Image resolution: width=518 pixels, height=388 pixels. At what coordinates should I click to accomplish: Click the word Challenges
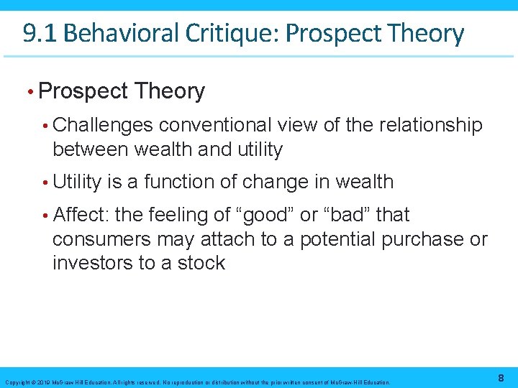[x=103, y=125]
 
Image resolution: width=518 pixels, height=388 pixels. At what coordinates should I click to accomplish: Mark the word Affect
[x=79, y=214]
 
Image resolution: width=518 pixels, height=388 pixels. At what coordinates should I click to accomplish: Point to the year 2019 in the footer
[x=42, y=382]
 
